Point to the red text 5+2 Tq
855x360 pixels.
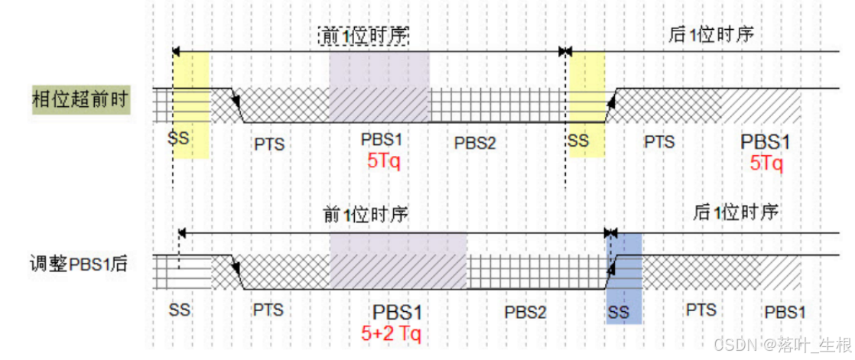tap(391, 333)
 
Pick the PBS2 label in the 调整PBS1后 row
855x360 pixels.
tap(525, 312)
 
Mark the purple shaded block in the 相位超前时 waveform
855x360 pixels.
tap(379, 86)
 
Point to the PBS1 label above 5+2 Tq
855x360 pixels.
tap(397, 313)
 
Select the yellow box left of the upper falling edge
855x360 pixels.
tap(190, 105)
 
